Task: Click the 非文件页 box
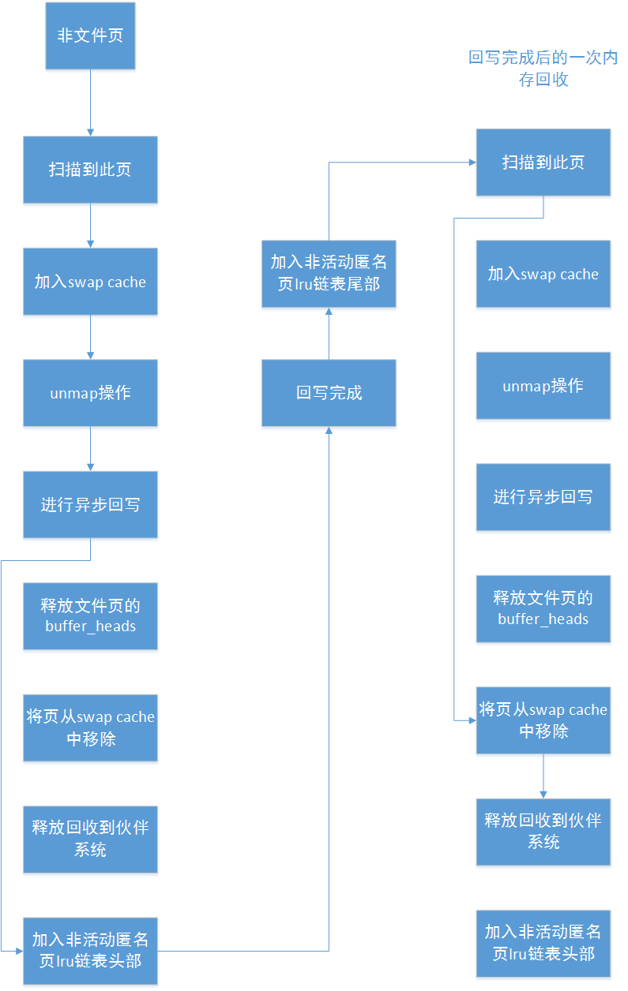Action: [90, 36]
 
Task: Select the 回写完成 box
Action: [329, 393]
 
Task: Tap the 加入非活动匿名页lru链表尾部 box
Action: [329, 273]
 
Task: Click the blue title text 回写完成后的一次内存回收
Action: [543, 69]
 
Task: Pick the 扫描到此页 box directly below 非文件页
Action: [90, 170]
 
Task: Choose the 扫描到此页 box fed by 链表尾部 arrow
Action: [543, 163]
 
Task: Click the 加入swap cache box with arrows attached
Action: [90, 282]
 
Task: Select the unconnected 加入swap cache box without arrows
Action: [543, 274]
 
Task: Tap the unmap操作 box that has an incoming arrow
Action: [90, 393]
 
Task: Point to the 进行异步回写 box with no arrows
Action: [543, 497]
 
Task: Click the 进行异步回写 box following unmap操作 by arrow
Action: [90, 504]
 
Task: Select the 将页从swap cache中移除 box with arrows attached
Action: [543, 720]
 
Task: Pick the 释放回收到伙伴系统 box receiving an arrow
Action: [543, 832]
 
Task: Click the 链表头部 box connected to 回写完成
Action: [90, 951]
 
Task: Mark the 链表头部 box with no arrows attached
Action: [543, 943]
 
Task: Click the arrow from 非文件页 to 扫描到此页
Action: [90, 102]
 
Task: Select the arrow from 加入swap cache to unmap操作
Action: [90, 337]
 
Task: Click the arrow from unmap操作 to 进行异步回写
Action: [90, 448]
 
